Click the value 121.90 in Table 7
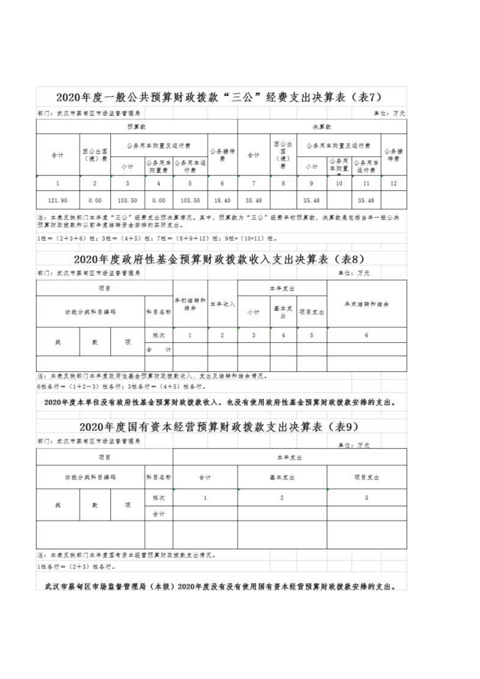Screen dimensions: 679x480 pyautogui.click(x=58, y=200)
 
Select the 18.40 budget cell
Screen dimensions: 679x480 pyautogui.click(x=222, y=200)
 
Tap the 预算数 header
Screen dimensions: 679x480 pyautogui.click(x=137, y=127)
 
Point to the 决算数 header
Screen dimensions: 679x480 pyautogui.click(x=322, y=127)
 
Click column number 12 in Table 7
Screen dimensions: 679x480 pyautogui.click(x=393, y=183)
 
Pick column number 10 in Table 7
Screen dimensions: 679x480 pyautogui.click(x=339, y=183)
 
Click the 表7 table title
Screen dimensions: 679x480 pyautogui.click(x=219, y=97)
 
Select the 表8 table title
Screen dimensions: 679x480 pyautogui.click(x=219, y=260)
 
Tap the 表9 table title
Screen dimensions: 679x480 pyautogui.click(x=219, y=427)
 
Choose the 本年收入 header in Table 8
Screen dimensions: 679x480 pyautogui.click(x=222, y=304)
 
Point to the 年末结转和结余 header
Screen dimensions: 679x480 pyautogui.click(x=367, y=304)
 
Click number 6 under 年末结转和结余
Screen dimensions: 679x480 pyautogui.click(x=367, y=335)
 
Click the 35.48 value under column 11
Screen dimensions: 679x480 pyautogui.click(x=366, y=200)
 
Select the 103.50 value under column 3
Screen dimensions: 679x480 pyautogui.click(x=127, y=200)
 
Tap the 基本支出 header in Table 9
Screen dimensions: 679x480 pyautogui.click(x=282, y=477)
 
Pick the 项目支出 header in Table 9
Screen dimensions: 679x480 pyautogui.click(x=367, y=477)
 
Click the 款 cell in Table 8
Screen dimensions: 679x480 pyautogui.click(x=95, y=342)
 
